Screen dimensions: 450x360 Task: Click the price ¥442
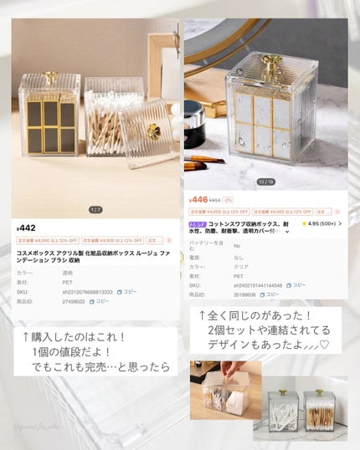pos(27,228)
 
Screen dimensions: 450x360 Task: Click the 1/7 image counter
pos(95,209)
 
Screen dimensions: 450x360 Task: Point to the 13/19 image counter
pos(265,181)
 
